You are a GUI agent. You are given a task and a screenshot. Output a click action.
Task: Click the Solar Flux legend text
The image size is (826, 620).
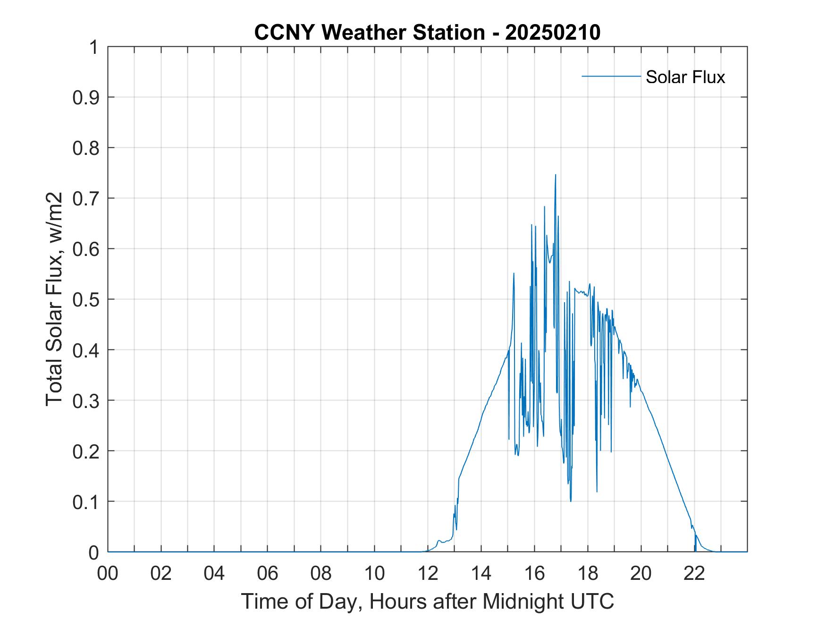point(685,77)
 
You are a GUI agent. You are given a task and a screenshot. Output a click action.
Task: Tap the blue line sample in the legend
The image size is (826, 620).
point(611,76)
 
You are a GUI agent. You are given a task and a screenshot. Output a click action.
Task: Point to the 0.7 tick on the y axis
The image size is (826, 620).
point(87,198)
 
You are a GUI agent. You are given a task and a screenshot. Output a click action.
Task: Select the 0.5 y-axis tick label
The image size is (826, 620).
point(87,299)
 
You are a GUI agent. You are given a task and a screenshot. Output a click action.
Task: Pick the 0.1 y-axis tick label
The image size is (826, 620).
point(87,501)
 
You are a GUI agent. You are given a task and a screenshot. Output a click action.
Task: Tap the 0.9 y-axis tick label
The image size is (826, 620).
point(87,97)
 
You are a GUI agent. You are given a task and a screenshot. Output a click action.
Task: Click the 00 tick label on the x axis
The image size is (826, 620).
point(108,573)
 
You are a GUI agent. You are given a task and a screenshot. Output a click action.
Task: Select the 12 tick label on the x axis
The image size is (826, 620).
point(428,573)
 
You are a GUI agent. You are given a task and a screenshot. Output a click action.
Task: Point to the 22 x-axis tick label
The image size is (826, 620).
point(695,573)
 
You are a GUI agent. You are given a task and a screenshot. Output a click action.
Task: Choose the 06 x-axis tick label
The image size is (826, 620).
point(268,573)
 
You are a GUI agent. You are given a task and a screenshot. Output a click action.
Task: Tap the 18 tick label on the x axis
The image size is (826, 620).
point(588,573)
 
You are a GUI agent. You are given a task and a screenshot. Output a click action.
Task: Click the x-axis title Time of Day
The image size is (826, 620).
point(427,602)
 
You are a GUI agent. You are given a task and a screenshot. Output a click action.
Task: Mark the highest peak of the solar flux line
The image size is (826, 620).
point(555,175)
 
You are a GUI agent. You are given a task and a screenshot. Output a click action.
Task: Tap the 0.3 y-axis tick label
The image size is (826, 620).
point(87,400)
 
